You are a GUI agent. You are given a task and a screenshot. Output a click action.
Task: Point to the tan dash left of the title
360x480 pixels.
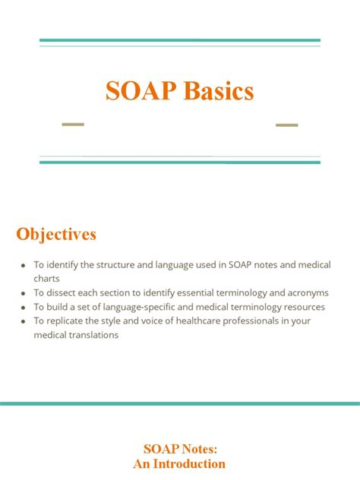73,124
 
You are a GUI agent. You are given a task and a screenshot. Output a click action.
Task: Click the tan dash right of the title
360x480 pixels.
286,125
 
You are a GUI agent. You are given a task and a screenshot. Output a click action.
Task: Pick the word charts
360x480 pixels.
46,278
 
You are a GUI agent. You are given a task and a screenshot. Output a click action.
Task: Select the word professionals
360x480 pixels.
245,321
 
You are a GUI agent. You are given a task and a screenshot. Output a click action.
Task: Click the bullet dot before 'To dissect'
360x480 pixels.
24,292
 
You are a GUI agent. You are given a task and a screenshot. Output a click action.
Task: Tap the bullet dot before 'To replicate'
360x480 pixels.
24,321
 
